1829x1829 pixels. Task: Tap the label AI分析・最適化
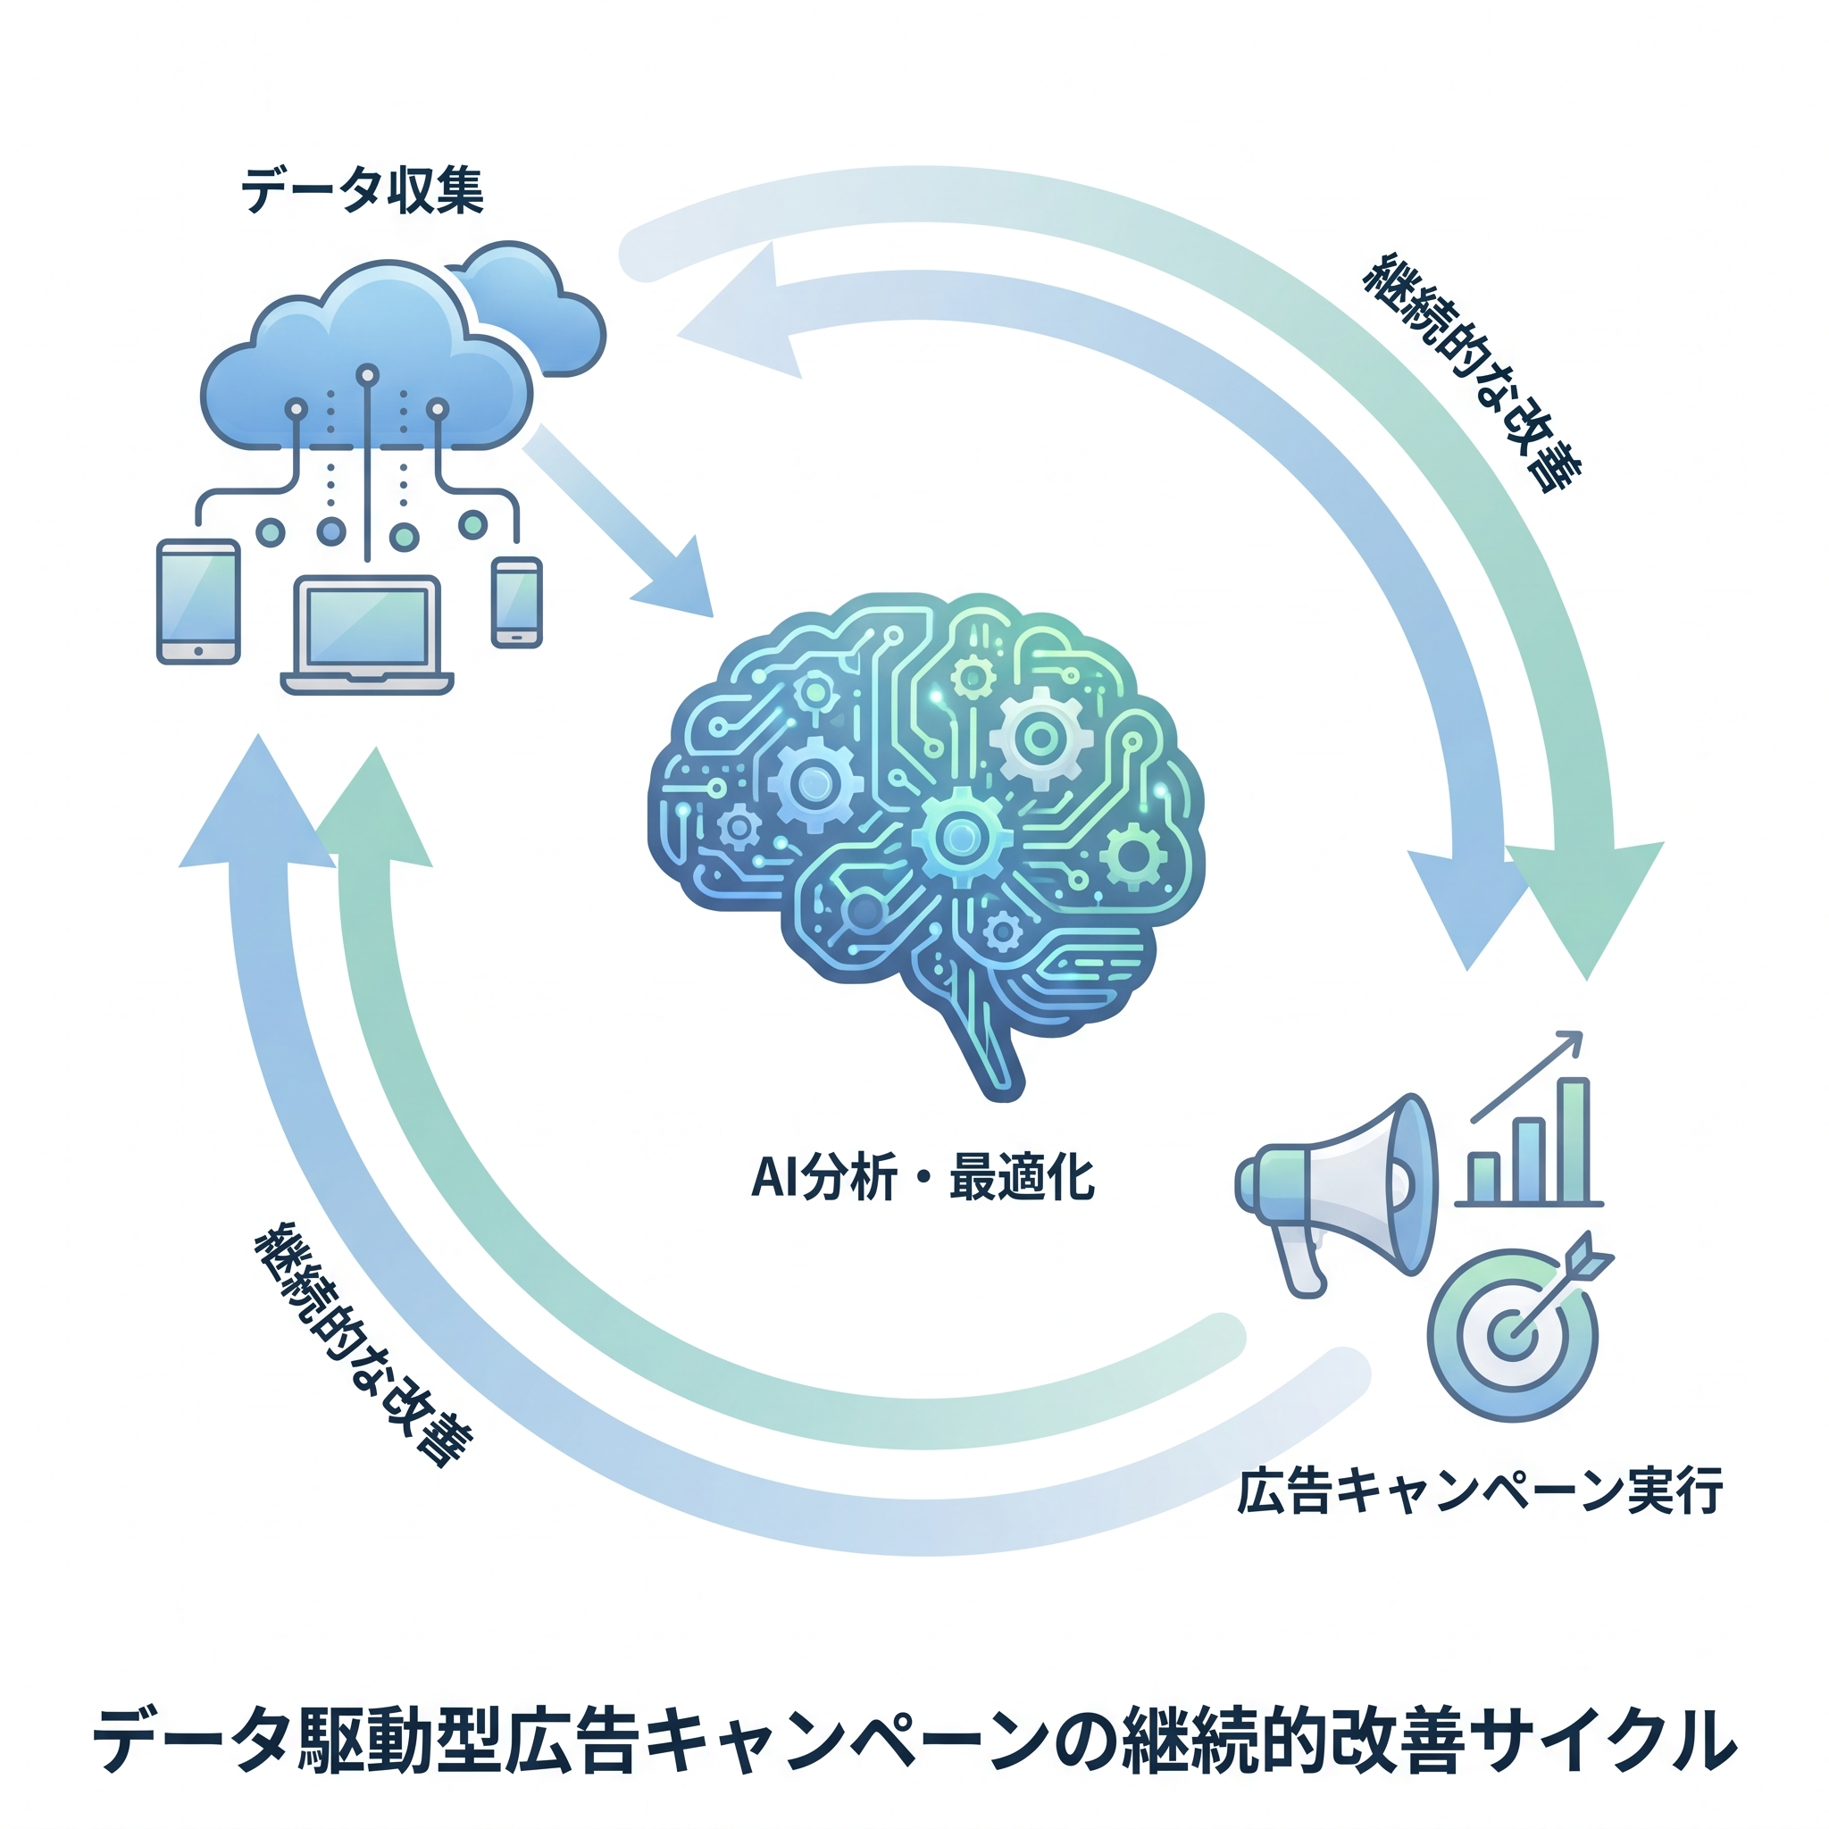coord(923,1179)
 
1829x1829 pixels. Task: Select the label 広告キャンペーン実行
coord(1480,1491)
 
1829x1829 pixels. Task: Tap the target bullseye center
coord(1512,1336)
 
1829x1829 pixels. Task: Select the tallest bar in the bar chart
coord(1574,1140)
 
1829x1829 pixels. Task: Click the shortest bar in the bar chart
coord(1483,1177)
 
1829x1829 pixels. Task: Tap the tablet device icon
coord(198,601)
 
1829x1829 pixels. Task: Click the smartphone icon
coord(517,602)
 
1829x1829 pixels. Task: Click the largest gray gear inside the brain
coord(1040,739)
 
